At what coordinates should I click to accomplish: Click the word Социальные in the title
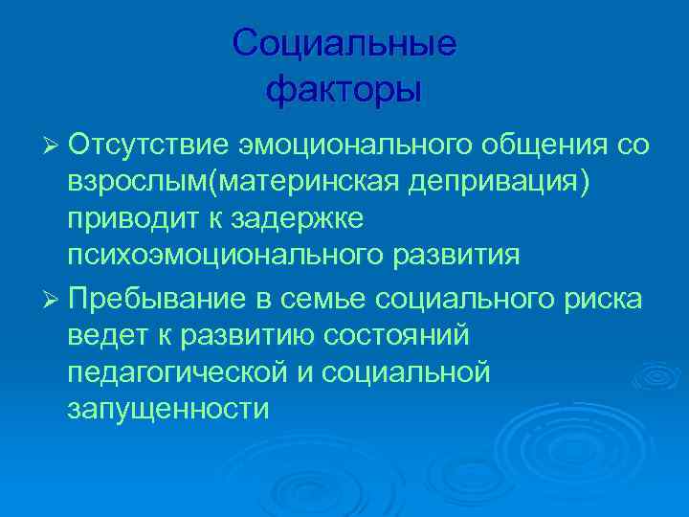point(344,44)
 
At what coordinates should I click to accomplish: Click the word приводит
point(127,218)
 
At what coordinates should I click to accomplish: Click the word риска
point(601,298)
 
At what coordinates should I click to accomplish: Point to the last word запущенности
point(168,409)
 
